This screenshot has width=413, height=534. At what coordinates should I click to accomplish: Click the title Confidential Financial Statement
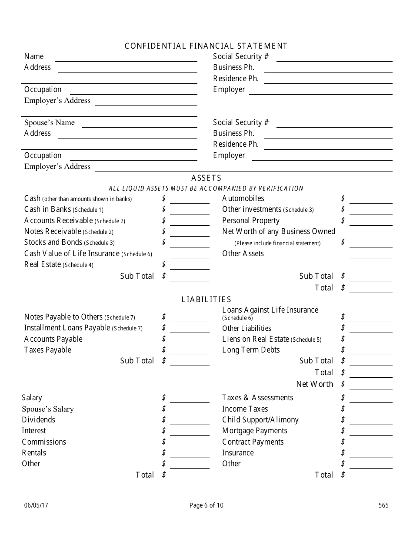pos(206,46)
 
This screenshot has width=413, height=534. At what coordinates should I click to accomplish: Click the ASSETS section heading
pos(206,178)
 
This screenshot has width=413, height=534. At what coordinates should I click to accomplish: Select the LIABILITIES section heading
pos(206,300)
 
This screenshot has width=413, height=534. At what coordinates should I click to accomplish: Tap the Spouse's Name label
pos(49,122)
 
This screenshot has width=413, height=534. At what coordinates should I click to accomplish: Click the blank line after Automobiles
pos(370,200)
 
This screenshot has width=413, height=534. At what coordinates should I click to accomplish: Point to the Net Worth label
pos(314,384)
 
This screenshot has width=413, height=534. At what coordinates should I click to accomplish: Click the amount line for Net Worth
pos(370,386)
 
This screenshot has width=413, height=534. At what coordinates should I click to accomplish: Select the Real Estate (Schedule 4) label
pos(59,265)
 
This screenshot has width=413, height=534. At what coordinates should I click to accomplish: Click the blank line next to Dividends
pos(189,421)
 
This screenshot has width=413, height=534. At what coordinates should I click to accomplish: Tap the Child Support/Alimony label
pos(260,420)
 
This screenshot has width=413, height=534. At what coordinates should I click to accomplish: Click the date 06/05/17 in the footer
pos(33,505)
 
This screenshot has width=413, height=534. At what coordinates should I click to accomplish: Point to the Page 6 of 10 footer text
pos(206,505)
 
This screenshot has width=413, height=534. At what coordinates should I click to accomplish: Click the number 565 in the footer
pos(383,505)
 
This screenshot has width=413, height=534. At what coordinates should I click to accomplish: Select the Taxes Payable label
pos(47,350)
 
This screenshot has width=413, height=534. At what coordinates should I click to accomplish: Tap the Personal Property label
pos(251,221)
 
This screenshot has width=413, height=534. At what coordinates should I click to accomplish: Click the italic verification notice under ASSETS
pos(206,188)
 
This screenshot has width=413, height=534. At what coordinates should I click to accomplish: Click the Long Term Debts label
pos(251,350)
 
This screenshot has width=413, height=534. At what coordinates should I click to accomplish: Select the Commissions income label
pos(44,442)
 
